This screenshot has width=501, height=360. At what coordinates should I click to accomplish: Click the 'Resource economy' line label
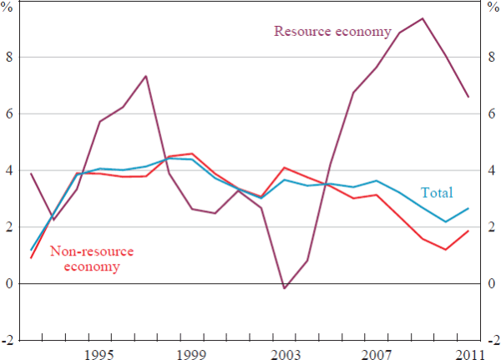[x=332, y=32]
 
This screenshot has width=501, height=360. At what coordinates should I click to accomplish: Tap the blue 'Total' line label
[x=437, y=193]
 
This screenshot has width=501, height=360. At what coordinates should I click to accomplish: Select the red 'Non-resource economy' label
[x=92, y=258]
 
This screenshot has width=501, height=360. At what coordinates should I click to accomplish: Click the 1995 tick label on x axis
[x=99, y=354]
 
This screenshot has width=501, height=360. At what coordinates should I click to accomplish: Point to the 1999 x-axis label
[x=192, y=354]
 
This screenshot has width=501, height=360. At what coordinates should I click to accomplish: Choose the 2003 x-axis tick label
[x=285, y=354]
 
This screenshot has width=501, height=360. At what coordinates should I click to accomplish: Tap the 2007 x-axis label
[x=377, y=354]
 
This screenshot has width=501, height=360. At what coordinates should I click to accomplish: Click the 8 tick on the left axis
[x=9, y=57]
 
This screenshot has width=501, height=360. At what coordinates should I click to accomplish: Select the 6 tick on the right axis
[x=491, y=114]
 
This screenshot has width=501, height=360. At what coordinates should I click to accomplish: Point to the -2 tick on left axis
[x=8, y=341]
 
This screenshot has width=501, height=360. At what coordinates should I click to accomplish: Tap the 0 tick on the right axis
[x=491, y=284]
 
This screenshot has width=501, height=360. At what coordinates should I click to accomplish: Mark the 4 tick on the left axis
[x=9, y=170]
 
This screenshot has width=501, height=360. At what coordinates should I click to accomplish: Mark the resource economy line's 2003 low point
[x=285, y=288]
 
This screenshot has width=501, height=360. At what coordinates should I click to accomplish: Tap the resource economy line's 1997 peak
[x=146, y=76]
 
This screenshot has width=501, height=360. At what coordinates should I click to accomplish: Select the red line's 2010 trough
[x=446, y=250]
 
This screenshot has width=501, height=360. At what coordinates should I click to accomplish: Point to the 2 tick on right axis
[x=491, y=227]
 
